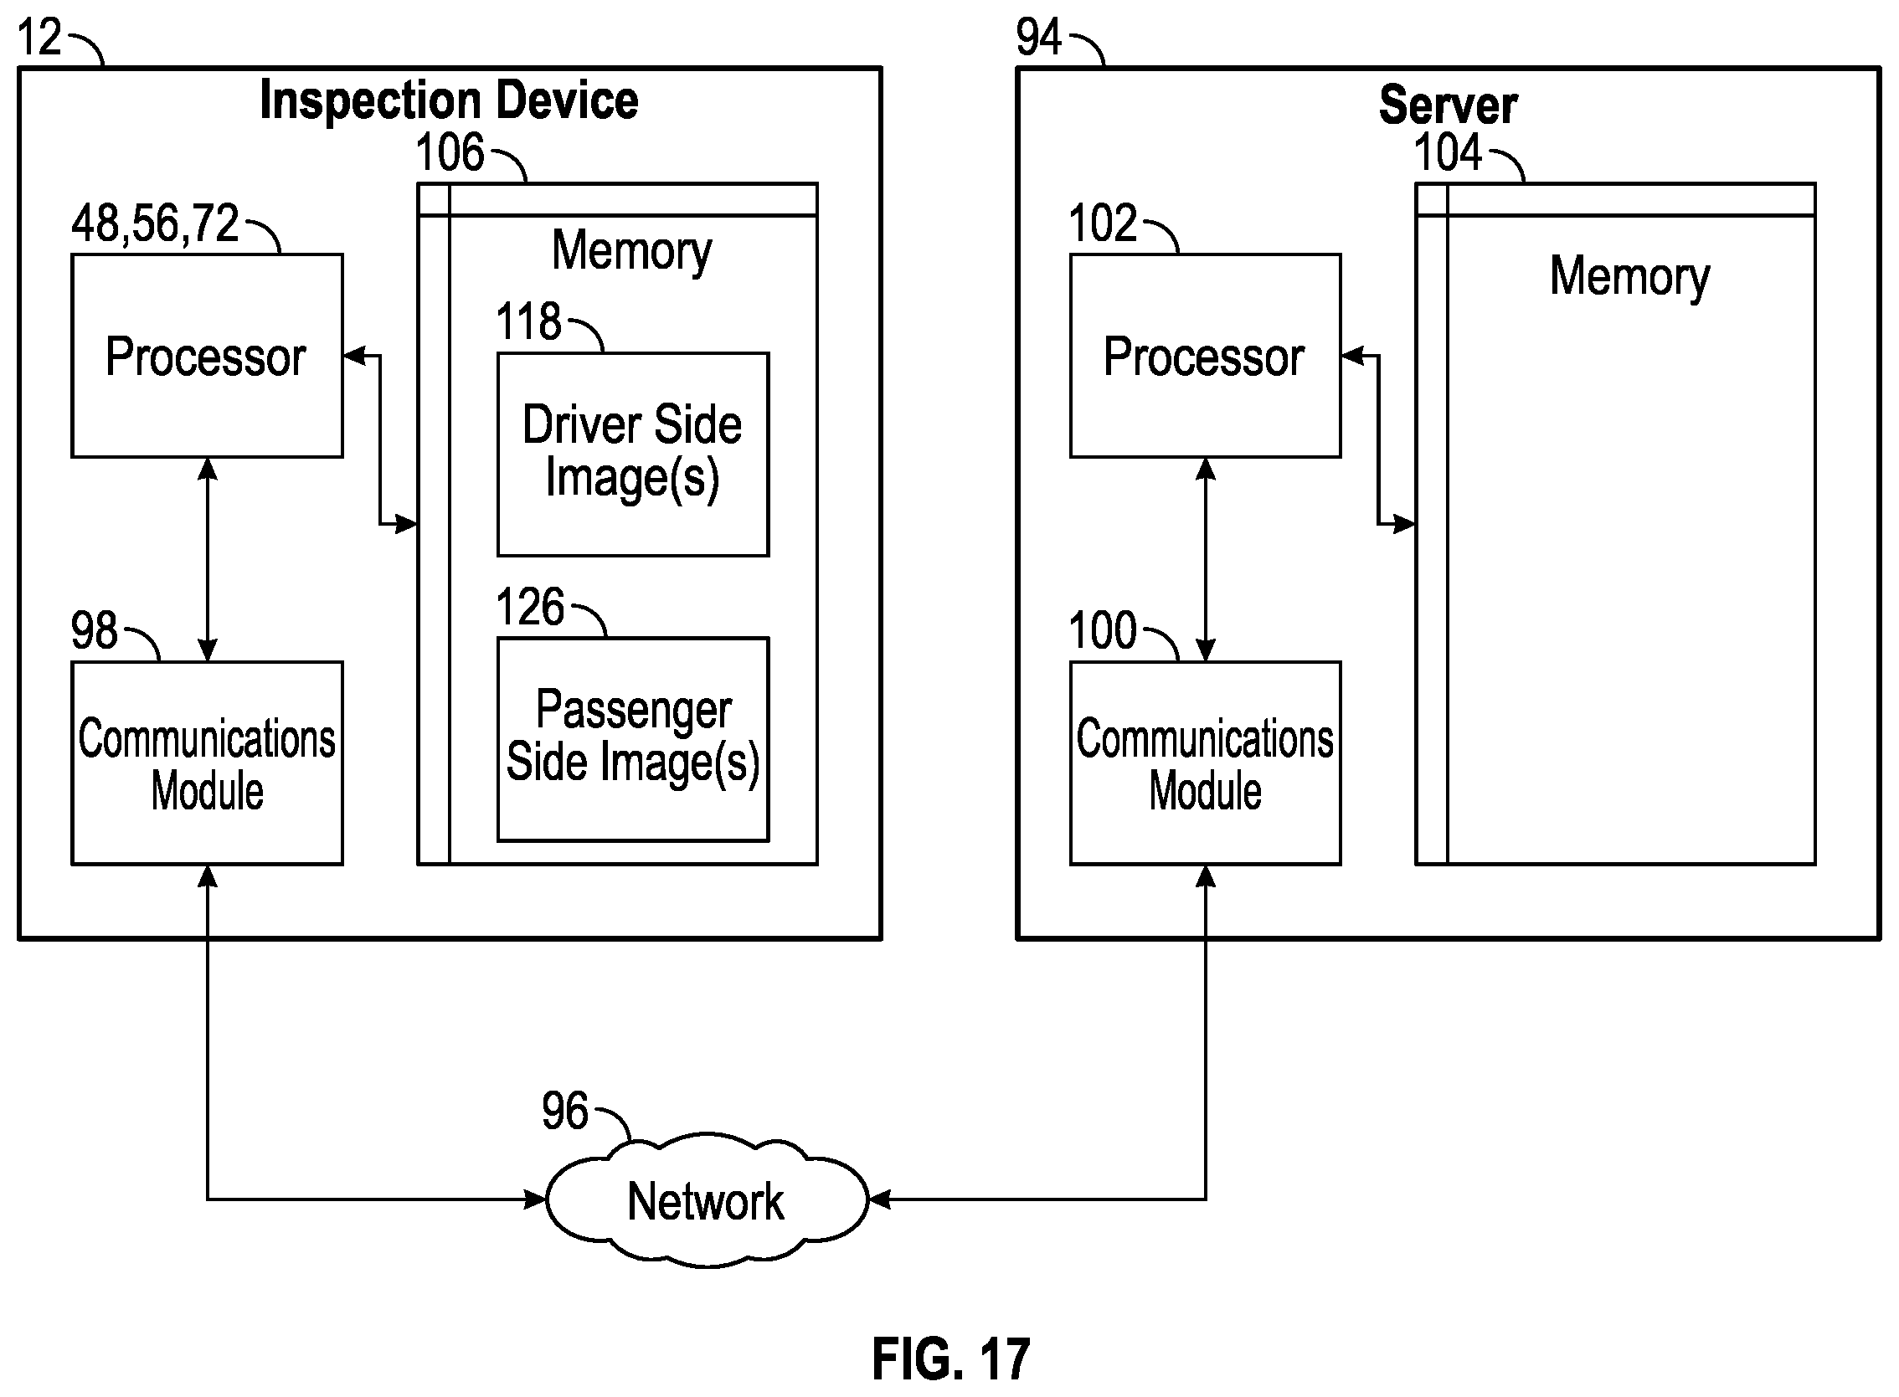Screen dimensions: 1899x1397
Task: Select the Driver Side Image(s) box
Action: click(633, 455)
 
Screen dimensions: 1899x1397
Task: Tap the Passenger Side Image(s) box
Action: click(633, 739)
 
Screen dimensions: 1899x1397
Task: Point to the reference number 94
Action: click(1038, 37)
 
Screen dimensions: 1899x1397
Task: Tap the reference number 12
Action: click(39, 37)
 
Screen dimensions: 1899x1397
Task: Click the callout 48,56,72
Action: click(155, 223)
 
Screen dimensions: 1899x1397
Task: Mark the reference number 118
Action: click(528, 321)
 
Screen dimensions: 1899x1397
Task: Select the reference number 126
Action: click(529, 606)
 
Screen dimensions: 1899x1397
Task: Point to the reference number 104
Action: click(1449, 152)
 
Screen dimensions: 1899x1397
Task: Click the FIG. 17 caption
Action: click(951, 1360)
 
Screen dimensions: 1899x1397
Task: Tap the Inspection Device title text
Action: click(449, 100)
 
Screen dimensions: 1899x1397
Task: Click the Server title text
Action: click(1449, 105)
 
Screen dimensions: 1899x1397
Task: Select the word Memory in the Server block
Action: click(1630, 277)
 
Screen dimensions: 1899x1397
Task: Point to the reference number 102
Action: click(1103, 223)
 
